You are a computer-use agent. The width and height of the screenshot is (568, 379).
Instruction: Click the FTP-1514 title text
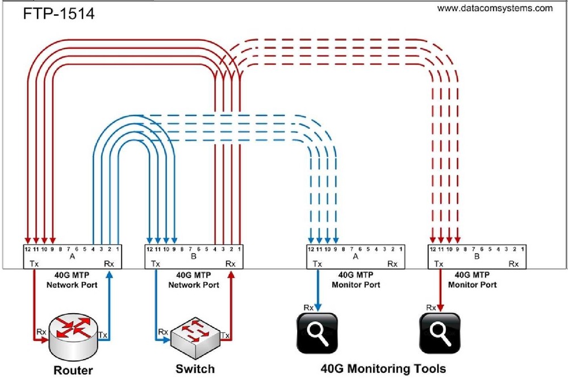click(x=59, y=13)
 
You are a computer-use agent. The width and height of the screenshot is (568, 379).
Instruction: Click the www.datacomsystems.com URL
click(x=495, y=9)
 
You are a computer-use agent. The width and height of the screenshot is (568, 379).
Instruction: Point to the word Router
click(x=73, y=370)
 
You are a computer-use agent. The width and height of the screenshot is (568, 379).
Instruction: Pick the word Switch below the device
click(x=195, y=369)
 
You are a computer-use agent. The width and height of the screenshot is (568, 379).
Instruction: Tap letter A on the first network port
click(x=72, y=256)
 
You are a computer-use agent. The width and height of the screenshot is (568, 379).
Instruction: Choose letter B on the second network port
click(x=193, y=256)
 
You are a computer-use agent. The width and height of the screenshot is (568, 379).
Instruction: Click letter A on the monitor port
click(x=356, y=256)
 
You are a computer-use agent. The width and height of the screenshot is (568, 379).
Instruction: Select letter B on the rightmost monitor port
click(x=477, y=256)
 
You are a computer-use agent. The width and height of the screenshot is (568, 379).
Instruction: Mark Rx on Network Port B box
click(x=230, y=264)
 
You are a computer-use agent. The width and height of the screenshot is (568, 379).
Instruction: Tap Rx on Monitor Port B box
click(x=513, y=264)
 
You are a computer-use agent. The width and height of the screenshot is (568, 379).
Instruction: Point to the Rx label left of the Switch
click(x=163, y=332)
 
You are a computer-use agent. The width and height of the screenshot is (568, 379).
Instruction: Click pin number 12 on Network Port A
click(x=27, y=249)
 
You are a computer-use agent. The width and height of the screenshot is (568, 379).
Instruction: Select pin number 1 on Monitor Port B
click(x=521, y=249)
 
